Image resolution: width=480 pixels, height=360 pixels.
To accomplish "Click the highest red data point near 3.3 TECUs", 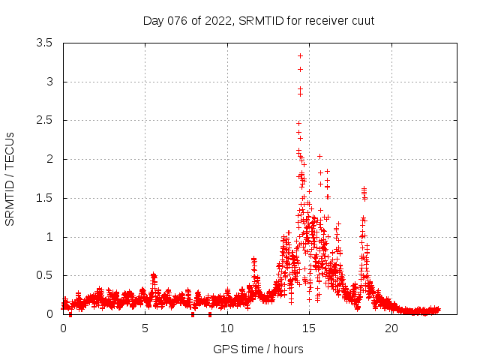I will [x=300, y=55].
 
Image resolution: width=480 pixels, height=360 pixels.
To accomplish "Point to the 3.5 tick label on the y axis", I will [x=44, y=43].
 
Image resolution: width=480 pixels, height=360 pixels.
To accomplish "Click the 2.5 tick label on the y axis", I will [x=44, y=121].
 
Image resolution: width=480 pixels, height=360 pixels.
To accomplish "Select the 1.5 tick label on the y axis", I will [x=44, y=199].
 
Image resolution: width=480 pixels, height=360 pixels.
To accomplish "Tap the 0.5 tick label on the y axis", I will [x=44, y=276].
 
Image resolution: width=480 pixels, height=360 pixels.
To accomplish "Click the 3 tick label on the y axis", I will [x=49, y=82].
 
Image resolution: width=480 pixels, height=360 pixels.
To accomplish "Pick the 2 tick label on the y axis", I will [x=49, y=160].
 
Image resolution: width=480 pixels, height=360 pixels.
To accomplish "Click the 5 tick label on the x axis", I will [x=145, y=328].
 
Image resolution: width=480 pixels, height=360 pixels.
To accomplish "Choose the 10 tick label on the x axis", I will [x=227, y=328].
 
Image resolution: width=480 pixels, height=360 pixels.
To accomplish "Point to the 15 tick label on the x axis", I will [x=309, y=328].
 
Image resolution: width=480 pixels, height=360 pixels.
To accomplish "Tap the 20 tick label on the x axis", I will [x=391, y=328].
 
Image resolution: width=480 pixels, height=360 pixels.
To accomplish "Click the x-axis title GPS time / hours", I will [x=258, y=349].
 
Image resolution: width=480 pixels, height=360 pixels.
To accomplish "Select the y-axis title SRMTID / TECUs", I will [x=10, y=178].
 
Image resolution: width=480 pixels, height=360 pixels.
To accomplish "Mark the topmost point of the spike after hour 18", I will [x=364, y=189].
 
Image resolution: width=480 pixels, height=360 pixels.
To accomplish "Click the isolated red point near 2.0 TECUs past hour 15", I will [x=319, y=156].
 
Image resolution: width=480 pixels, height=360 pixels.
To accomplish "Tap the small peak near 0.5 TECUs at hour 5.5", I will [x=153, y=274].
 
